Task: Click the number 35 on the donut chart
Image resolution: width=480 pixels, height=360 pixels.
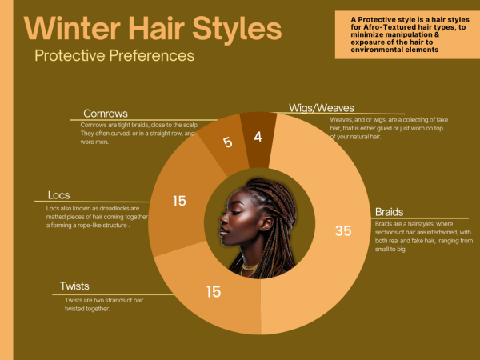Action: (x=343, y=231)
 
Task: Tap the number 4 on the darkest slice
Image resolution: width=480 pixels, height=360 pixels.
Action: (x=258, y=137)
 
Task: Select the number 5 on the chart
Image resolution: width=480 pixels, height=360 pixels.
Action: (x=227, y=142)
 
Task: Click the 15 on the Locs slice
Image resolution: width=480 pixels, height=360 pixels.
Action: (x=179, y=201)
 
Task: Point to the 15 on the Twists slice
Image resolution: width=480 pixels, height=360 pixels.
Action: (x=214, y=291)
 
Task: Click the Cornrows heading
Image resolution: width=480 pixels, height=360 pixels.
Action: (x=106, y=114)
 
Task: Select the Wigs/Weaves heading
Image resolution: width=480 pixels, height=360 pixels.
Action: (x=322, y=108)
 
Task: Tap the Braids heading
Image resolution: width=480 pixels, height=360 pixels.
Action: (x=389, y=212)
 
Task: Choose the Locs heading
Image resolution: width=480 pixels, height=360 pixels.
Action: (x=58, y=195)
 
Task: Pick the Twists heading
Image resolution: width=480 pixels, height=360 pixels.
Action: (x=74, y=286)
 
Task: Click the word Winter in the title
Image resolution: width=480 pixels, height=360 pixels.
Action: (x=72, y=29)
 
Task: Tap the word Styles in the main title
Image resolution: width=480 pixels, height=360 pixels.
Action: (x=237, y=29)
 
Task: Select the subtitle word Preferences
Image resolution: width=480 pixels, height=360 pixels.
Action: (x=151, y=55)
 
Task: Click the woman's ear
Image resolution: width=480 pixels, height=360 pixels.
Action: (x=266, y=223)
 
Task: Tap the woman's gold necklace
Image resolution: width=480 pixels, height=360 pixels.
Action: (x=250, y=268)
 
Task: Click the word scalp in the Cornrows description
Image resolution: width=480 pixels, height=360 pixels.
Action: (x=190, y=125)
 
